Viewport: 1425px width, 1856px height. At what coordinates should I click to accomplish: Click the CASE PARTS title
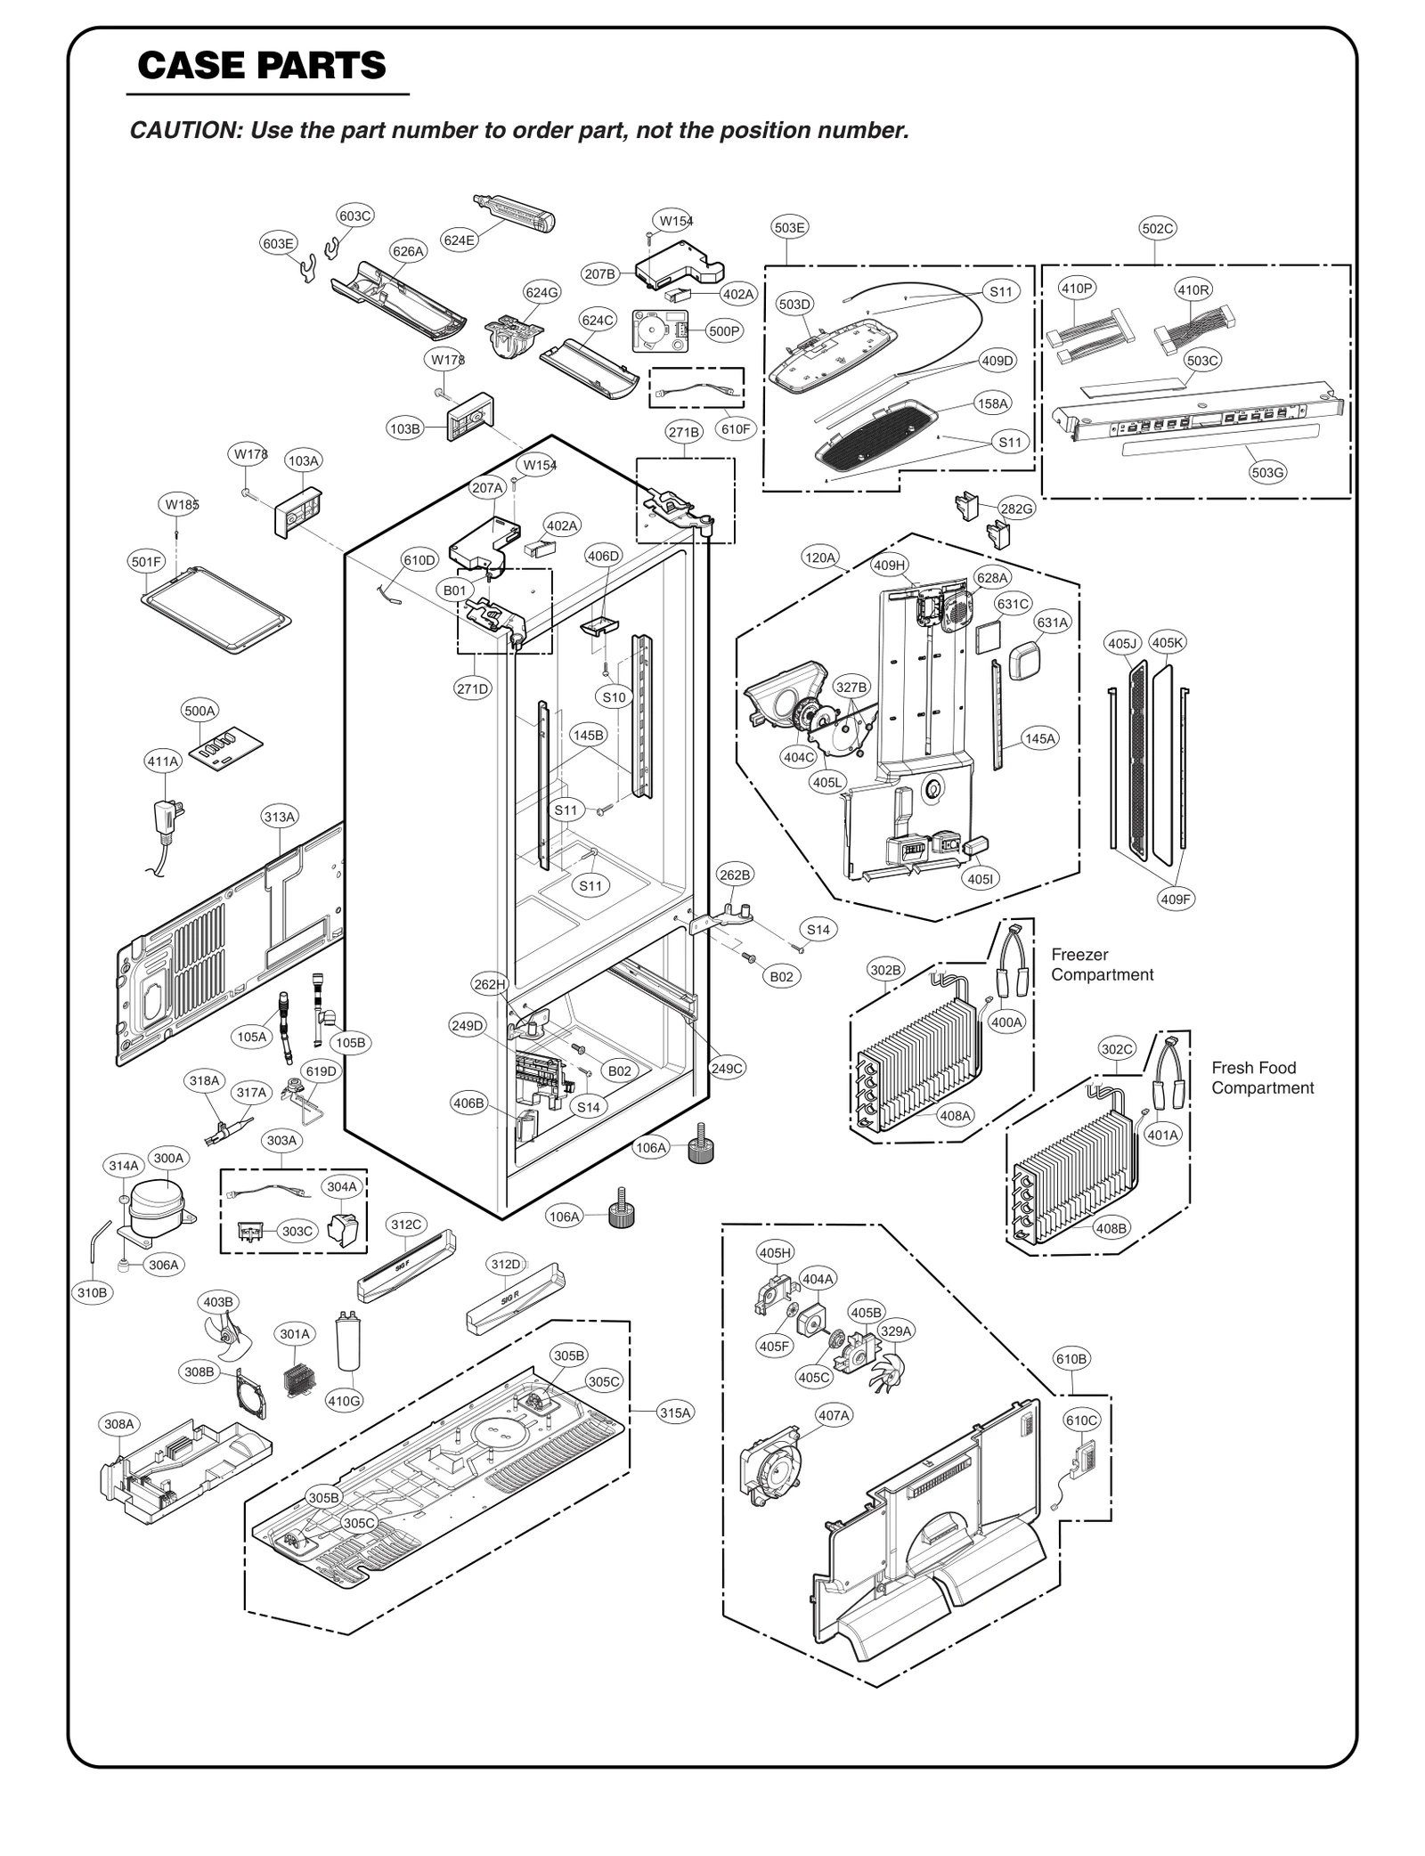(x=262, y=65)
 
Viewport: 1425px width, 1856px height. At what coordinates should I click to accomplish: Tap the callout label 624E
(x=460, y=240)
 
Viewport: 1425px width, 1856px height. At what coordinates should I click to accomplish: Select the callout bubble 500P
(x=724, y=331)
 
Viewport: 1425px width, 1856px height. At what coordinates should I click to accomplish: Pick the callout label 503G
(x=1267, y=473)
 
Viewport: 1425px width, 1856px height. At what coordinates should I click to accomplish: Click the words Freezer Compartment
(x=1102, y=965)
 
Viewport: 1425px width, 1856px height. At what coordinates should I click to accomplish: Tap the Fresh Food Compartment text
(x=1262, y=1078)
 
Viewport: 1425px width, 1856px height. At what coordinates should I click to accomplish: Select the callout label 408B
(x=1111, y=1228)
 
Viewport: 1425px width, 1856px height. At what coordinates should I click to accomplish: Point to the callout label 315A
(x=675, y=1412)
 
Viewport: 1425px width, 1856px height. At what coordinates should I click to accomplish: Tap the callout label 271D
(x=473, y=688)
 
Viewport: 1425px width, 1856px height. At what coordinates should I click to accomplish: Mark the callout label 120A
(x=820, y=558)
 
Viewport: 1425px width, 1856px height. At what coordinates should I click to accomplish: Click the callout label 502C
(x=1157, y=228)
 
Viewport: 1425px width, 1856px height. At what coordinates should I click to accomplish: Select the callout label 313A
(x=280, y=816)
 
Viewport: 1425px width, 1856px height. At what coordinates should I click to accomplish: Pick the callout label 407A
(x=835, y=1414)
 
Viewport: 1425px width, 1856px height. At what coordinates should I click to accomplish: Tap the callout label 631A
(x=1052, y=623)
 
